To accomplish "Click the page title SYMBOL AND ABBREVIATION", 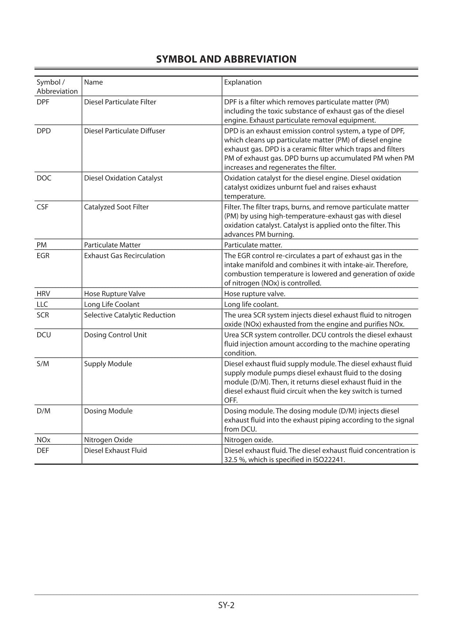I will tap(226, 59).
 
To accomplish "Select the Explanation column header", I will tap(243, 82).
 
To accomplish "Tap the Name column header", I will tap(93, 82).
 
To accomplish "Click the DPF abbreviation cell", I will tap(43, 102).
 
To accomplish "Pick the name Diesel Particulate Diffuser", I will tap(124, 131).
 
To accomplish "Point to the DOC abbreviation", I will tap(44, 178).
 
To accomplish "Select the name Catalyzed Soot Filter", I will tap(116, 207).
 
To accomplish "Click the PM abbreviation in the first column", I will tap(42, 245).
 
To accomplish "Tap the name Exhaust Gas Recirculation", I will tap(124, 255).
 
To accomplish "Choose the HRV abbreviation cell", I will tap(43, 293).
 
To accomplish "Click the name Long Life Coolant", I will tap(111, 304).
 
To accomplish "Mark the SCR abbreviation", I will tap(43, 315).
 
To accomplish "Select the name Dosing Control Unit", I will tap(115, 335).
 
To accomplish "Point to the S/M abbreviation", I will tap(43, 363).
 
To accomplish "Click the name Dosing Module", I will tap(108, 410).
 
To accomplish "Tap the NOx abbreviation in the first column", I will tap(43, 440).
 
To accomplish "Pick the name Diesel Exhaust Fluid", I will tap(115, 450).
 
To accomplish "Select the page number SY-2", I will tap(226, 605).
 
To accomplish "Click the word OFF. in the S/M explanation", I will tap(231, 400).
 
